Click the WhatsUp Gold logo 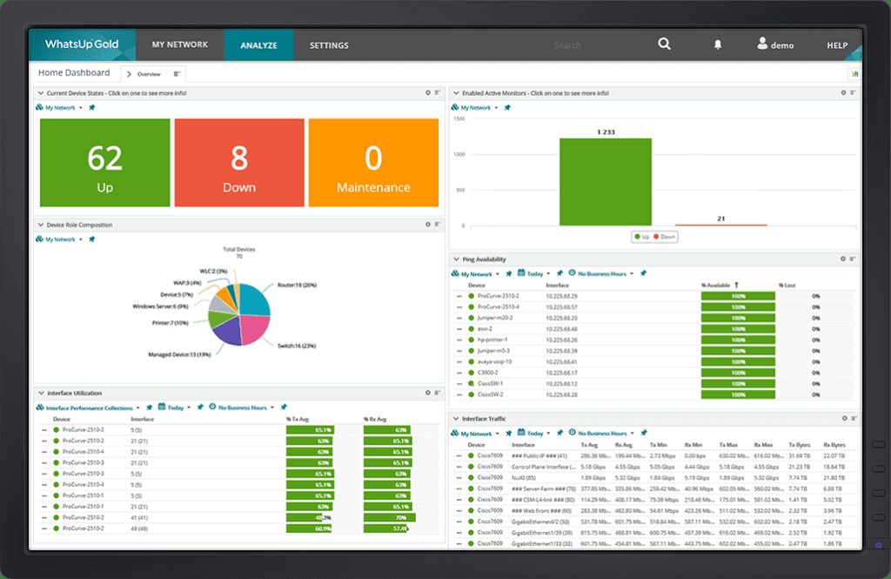[82, 44]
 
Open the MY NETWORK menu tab [180, 44]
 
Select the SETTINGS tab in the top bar [329, 45]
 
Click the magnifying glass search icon [665, 44]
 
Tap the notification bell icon [718, 44]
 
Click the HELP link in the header [837, 45]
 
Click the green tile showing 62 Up [105, 164]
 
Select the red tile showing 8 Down [239, 164]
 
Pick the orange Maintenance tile [373, 164]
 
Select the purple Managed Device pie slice [225, 330]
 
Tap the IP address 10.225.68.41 [562, 361]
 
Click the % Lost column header [787, 285]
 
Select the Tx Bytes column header [798, 445]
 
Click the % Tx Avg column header [300, 419]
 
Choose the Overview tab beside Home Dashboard [149, 74]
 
